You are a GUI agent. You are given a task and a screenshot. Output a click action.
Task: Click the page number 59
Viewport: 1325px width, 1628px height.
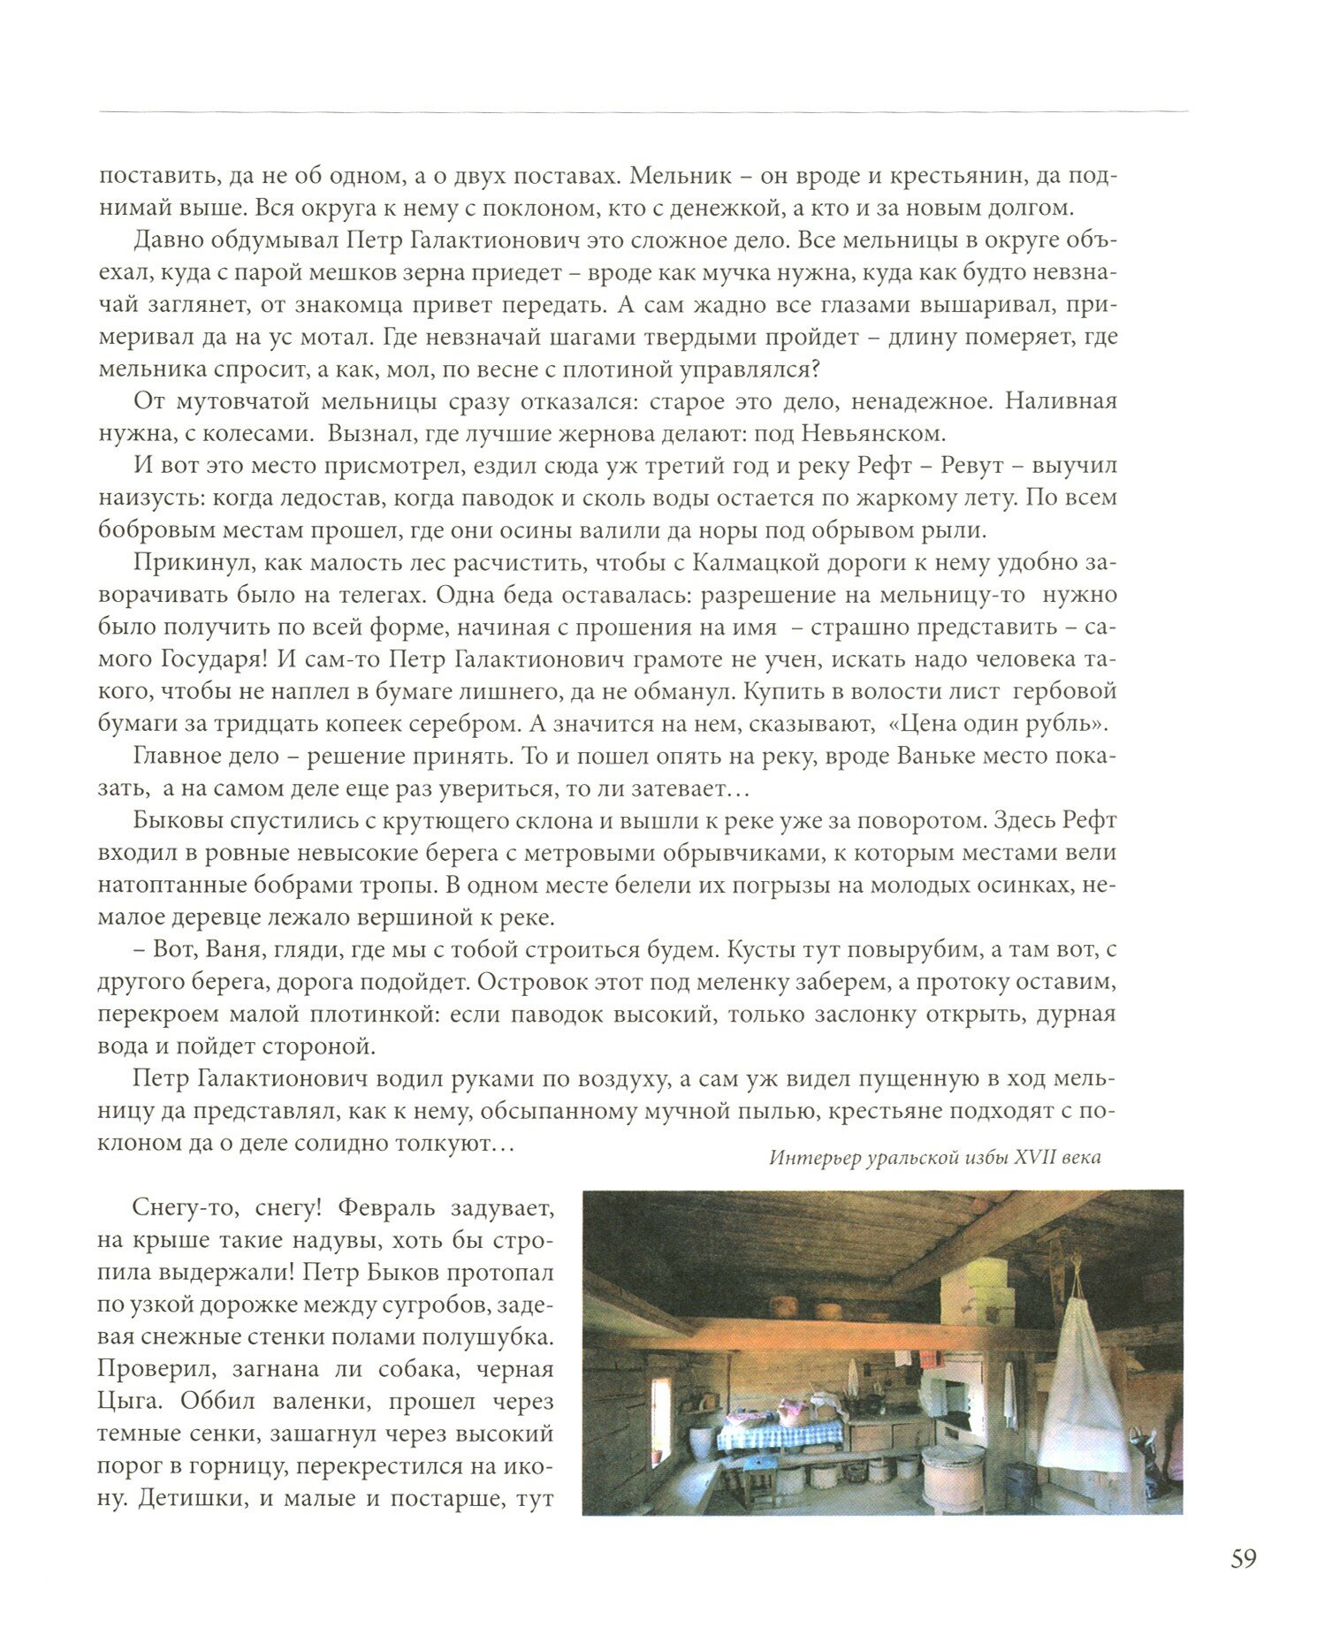(1242, 1559)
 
